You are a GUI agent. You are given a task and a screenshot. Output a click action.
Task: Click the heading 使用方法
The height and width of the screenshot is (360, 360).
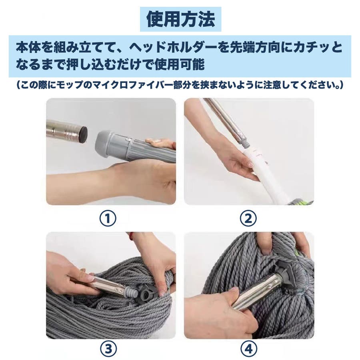[181, 19]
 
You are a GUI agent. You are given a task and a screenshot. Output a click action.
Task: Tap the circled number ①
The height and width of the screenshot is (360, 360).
[108, 218]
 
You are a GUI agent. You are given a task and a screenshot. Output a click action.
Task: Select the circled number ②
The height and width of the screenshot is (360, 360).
[248, 218]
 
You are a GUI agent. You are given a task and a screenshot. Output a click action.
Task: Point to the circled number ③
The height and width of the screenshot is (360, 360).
[108, 349]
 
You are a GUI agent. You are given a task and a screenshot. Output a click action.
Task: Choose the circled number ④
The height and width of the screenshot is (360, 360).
[249, 349]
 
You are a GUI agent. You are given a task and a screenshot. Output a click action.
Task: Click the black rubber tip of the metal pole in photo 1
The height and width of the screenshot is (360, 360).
[83, 135]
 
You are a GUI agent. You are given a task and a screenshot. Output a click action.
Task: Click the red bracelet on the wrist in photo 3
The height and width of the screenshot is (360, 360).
[131, 235]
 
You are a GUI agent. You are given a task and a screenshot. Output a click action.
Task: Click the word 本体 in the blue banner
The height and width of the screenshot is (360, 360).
[28, 48]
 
